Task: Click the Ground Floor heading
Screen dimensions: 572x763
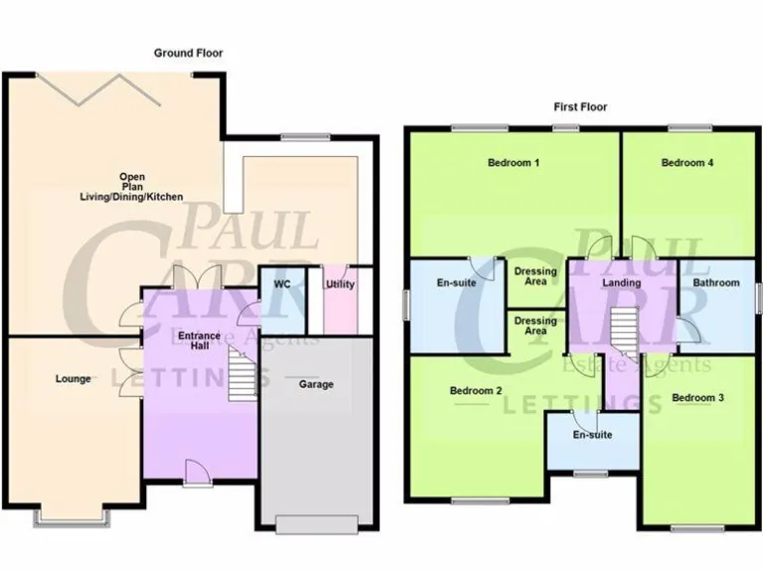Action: (188, 53)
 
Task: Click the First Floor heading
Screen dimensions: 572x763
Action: (580, 106)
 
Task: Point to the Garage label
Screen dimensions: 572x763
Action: (317, 384)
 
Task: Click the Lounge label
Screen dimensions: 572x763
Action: (74, 379)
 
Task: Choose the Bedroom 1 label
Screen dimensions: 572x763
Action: (513, 163)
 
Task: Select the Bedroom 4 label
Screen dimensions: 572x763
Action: (687, 163)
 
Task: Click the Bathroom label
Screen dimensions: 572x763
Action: (716, 283)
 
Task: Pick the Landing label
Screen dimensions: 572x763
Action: (623, 283)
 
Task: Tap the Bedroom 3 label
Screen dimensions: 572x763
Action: (697, 398)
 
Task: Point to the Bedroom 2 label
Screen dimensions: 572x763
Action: (476, 390)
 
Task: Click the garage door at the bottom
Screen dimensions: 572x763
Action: (318, 524)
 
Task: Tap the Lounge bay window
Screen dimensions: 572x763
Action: (74, 517)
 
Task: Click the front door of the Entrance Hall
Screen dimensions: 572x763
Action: (196, 474)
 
